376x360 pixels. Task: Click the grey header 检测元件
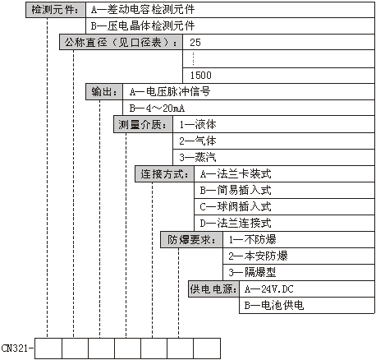pyautogui.click(x=56, y=10)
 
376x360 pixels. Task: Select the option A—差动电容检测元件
pyautogui.click(x=143, y=10)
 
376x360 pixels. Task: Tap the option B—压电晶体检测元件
pyautogui.click(x=143, y=26)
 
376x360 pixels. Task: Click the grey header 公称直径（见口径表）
pyautogui.click(x=121, y=42)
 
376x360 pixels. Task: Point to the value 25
pyautogui.click(x=195, y=43)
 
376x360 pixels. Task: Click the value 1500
pyautogui.click(x=201, y=76)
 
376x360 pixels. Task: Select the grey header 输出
pyautogui.click(x=104, y=92)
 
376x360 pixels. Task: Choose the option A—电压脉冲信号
pyautogui.click(x=170, y=92)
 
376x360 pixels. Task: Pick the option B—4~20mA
pyautogui.click(x=157, y=108)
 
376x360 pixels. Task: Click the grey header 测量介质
pyautogui.click(x=143, y=125)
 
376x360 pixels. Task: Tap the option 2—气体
pyautogui.click(x=198, y=141)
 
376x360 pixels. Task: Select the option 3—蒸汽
pyautogui.click(x=198, y=158)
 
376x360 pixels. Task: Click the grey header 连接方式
pyautogui.click(x=164, y=174)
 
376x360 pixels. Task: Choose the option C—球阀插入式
pyautogui.click(x=236, y=207)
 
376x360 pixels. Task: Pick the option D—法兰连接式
pyautogui.click(x=236, y=224)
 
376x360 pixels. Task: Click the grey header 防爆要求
pyautogui.click(x=191, y=240)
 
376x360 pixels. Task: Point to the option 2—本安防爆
pyautogui.click(x=258, y=256)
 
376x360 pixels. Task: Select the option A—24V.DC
pyautogui.click(x=268, y=289)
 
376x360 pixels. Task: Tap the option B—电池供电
pyautogui.click(x=274, y=306)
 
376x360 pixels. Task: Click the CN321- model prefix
pyautogui.click(x=17, y=348)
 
